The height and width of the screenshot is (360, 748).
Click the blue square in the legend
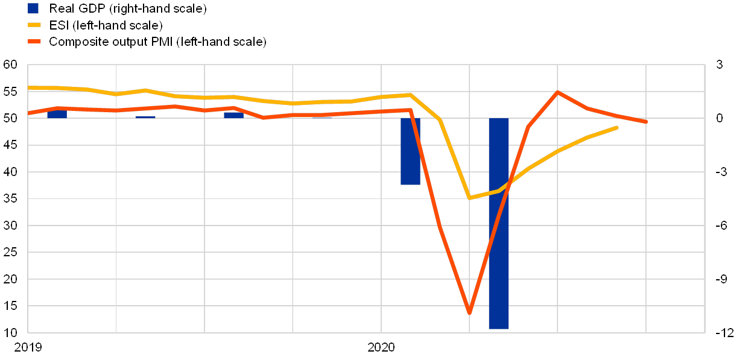[x=33, y=8]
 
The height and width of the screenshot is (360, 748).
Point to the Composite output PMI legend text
[x=157, y=42]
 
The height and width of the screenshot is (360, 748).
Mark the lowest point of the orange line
[x=469, y=312]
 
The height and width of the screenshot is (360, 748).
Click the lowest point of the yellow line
[x=469, y=198]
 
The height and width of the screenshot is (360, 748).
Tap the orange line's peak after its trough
[x=557, y=92]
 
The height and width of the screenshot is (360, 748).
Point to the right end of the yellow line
[x=616, y=127]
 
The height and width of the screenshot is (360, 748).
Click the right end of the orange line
[x=646, y=122]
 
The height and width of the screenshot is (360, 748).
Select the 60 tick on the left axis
[x=10, y=65]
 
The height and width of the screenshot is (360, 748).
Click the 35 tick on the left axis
[x=10, y=199]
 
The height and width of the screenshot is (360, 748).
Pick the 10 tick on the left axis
[x=10, y=332]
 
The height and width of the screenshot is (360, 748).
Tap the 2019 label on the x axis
[x=28, y=347]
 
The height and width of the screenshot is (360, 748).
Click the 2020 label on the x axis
[x=381, y=347]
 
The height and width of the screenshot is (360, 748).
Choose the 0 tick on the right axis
[x=719, y=119]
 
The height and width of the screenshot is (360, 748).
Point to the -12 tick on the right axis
[x=726, y=332]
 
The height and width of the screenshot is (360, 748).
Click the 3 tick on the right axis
[x=719, y=65]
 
